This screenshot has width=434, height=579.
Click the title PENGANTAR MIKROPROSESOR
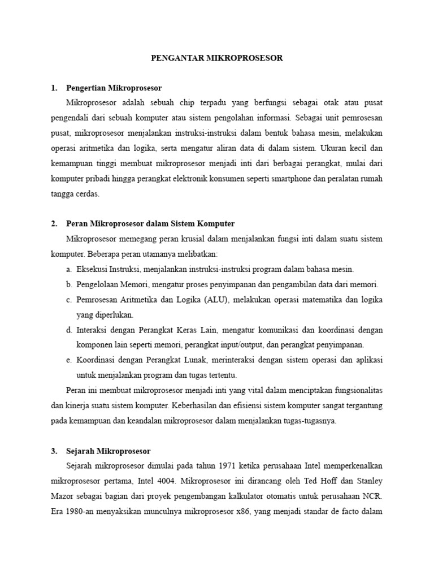(x=216, y=58)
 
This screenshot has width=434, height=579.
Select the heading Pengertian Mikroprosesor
(x=114, y=88)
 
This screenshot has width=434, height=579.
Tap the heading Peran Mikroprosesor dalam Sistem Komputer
(x=150, y=223)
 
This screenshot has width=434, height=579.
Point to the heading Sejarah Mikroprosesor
(x=108, y=451)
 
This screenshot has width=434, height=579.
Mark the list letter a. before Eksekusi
(x=69, y=269)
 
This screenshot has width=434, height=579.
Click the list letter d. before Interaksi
(x=69, y=330)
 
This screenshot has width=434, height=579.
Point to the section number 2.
(x=54, y=223)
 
